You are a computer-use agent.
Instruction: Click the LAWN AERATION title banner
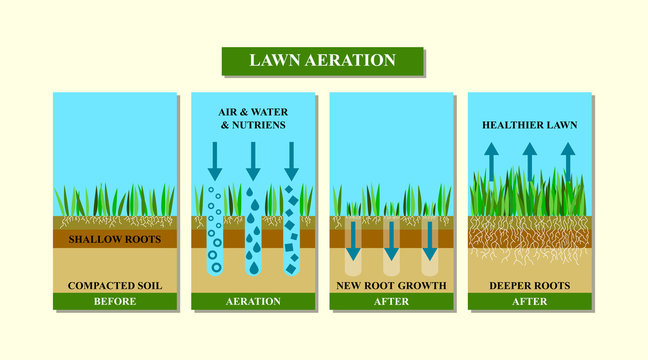coord(322,60)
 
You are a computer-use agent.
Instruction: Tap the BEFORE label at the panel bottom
coord(115,301)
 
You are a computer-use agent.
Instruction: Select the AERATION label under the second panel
coord(253,301)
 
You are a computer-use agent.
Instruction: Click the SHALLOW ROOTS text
coord(115,240)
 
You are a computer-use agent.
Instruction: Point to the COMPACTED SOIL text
coord(115,286)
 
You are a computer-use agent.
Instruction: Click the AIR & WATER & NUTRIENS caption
coord(253,119)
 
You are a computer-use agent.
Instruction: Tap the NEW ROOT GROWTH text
coord(391,286)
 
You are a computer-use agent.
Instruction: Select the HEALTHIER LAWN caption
coord(529,125)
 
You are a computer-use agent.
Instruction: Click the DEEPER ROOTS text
coord(529,286)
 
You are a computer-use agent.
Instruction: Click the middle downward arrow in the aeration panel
coord(253,160)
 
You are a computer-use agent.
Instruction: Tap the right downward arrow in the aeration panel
coord(291,160)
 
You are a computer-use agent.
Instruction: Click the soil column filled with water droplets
coord(253,230)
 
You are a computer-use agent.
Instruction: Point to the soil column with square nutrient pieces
coord(291,230)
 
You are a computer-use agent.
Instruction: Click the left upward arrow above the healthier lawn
coord(491,160)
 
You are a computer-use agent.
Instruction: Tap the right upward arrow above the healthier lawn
coord(567,160)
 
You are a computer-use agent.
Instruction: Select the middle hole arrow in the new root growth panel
coord(391,241)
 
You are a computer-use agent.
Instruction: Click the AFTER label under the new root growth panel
coord(391,301)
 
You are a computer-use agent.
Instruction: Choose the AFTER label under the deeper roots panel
coord(529,301)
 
